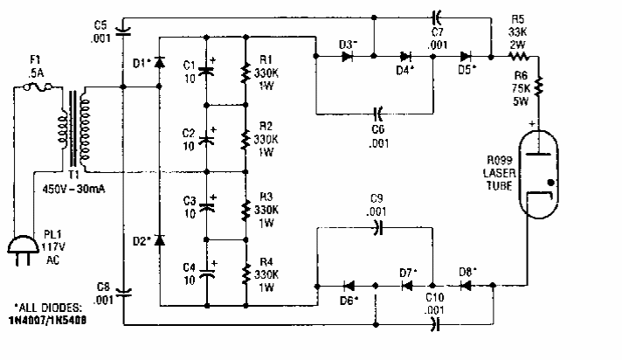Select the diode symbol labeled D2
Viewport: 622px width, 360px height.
click(x=159, y=239)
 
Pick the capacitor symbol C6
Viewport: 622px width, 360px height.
click(x=378, y=112)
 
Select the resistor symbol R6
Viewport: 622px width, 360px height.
click(x=539, y=87)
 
